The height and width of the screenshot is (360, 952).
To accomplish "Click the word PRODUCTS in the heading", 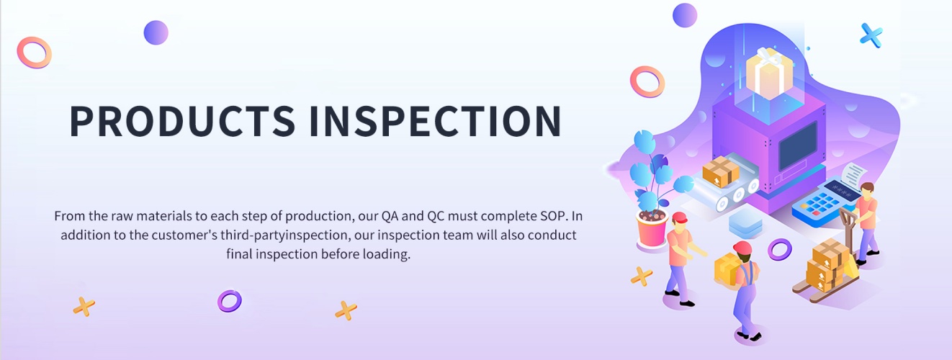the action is [x=182, y=121].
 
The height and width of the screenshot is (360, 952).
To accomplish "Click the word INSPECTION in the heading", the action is [x=436, y=121].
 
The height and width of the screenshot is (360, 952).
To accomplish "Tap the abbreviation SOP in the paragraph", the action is [x=554, y=216].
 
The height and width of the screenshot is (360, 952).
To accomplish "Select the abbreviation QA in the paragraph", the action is [x=390, y=216].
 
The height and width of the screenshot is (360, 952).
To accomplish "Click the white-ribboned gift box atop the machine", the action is [x=769, y=73].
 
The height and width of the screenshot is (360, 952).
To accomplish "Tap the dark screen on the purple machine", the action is [x=798, y=145].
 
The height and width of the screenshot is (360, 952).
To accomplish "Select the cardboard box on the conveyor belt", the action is [x=720, y=171].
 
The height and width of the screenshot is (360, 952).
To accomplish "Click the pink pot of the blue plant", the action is [x=652, y=230].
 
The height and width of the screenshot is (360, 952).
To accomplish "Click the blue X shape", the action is [x=871, y=35].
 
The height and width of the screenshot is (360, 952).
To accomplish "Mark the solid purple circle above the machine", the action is [x=685, y=15].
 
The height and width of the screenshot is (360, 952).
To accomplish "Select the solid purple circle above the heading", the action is [x=156, y=32].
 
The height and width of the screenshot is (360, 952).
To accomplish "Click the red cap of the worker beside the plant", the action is [x=679, y=217].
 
